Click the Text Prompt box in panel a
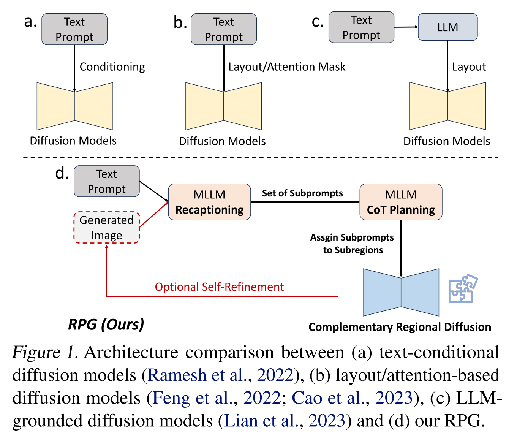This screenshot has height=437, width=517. pyautogui.click(x=74, y=29)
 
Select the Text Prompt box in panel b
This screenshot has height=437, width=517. pyautogui.click(x=224, y=29)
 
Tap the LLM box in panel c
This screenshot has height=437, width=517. pyautogui.click(x=447, y=27)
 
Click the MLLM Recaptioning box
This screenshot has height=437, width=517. pyautogui.click(x=209, y=202)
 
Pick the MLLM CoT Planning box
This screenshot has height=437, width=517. pyautogui.click(x=401, y=202)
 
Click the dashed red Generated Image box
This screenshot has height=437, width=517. pyautogui.click(x=106, y=228)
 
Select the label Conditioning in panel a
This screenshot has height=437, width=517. pyautogui.click(x=112, y=67)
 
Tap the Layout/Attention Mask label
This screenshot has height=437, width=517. pyautogui.click(x=287, y=67)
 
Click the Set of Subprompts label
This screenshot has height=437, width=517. pyautogui.click(x=302, y=193)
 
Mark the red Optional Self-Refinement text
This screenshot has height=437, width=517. pyautogui.click(x=219, y=287)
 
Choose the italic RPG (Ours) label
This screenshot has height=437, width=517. pyautogui.click(x=106, y=325)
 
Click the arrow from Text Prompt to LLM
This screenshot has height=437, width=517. pyautogui.click(x=406, y=27)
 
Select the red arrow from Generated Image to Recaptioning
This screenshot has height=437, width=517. pyautogui.click(x=154, y=215)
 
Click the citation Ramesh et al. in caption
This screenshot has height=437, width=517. pyautogui.click(x=197, y=375)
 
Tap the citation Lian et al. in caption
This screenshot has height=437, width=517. pyautogui.click(x=262, y=421)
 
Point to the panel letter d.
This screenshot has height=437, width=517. pyautogui.click(x=62, y=173)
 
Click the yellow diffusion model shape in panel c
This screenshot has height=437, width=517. pyautogui.click(x=447, y=106)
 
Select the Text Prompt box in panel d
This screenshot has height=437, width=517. pyautogui.click(x=106, y=181)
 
